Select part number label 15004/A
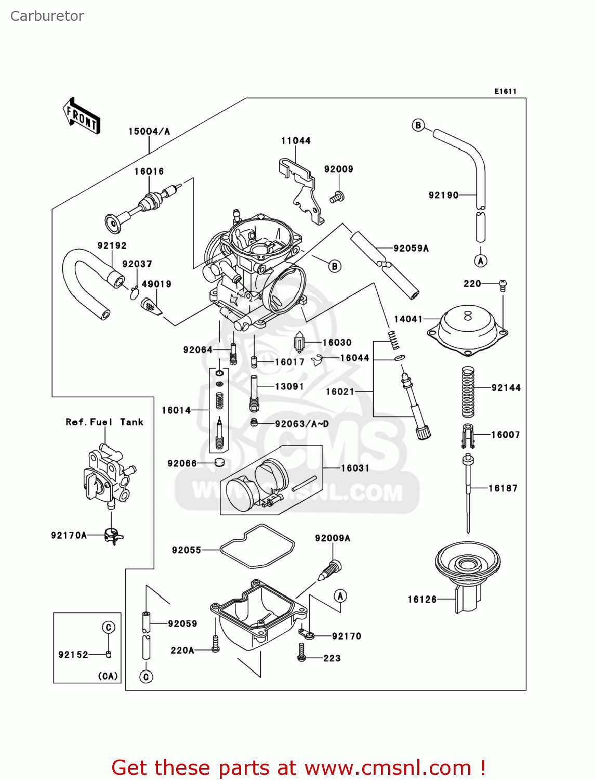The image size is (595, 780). point(149,132)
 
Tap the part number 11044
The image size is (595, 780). point(296,140)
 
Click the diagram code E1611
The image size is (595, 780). point(505,92)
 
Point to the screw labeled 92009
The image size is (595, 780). point(337,197)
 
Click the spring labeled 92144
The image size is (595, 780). point(468,392)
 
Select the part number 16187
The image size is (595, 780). point(503,488)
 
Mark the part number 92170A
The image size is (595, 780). point(69,535)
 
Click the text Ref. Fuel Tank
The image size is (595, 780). point(104,422)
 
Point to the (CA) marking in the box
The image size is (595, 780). point(108,676)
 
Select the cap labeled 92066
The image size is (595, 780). point(219,463)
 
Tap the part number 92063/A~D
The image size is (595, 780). point(302,424)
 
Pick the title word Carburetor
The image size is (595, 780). point(47,16)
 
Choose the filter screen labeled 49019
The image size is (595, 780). point(151,307)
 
